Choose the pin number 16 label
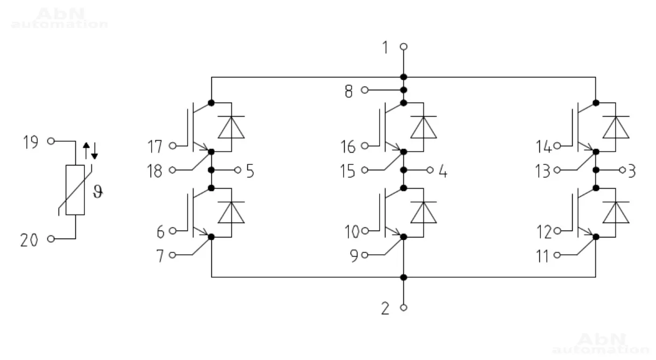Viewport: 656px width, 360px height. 349,146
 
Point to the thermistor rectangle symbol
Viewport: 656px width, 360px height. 75,191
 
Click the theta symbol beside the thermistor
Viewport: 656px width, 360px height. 97,192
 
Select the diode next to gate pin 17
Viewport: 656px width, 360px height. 231,127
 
